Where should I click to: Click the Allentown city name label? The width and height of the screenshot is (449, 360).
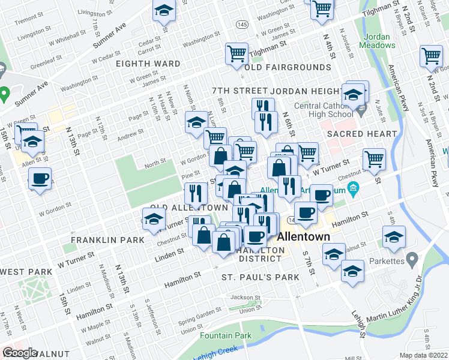click(303, 236)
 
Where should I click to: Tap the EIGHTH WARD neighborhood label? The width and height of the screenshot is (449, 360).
click(148, 64)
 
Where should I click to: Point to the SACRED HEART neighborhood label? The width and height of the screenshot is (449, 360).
click(362, 134)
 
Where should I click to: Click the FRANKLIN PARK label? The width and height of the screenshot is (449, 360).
click(107, 240)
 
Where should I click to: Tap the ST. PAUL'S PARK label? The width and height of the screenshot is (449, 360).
click(260, 278)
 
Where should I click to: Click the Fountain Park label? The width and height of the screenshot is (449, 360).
click(226, 335)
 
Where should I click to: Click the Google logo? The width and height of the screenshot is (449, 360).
click(20, 353)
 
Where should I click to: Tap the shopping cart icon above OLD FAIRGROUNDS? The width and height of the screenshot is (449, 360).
click(237, 53)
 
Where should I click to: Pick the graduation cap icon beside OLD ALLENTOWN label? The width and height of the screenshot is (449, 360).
click(153, 219)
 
